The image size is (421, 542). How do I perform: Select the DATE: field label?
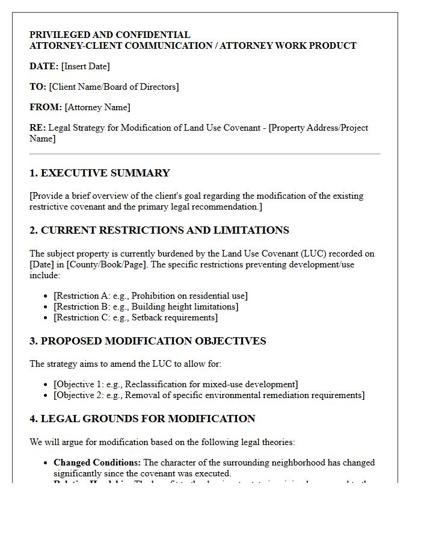pos(44,66)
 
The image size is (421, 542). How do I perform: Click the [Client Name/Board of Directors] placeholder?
pos(114,87)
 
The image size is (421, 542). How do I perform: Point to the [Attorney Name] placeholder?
pos(97,107)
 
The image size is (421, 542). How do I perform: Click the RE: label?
pos(37,128)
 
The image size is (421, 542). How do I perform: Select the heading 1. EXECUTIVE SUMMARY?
pos(100,173)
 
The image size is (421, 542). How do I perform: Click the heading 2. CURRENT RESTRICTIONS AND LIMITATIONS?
pos(159,231)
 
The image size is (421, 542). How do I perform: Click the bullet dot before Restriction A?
pos(46,296)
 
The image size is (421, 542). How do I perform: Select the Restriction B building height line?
pos(146,307)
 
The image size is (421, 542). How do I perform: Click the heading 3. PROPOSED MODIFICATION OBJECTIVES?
pos(148,341)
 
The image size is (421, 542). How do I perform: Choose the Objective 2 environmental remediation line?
pos(209,395)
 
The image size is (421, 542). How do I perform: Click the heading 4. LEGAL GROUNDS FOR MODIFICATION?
pos(143,419)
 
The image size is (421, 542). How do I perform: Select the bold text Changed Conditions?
pos(97,463)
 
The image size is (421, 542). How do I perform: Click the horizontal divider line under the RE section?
pos(205,154)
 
